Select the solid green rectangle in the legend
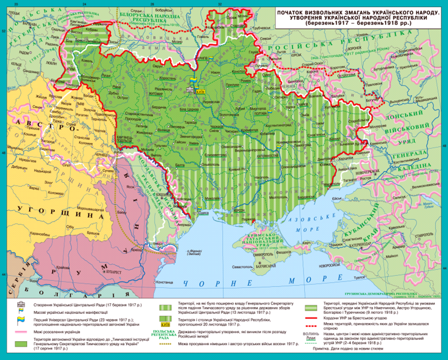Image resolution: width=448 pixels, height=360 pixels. (20, 344)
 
